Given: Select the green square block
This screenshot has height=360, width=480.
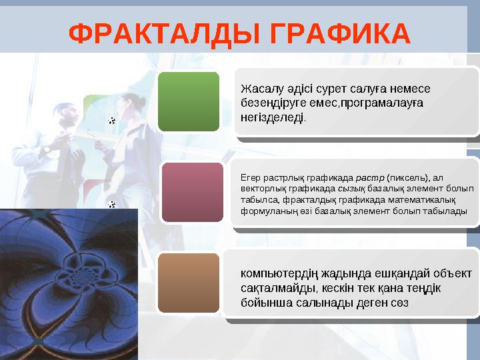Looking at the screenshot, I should [189, 101].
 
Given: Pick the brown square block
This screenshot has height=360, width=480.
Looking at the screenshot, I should [189, 283].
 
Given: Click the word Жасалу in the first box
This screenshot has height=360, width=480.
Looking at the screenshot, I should [260, 89].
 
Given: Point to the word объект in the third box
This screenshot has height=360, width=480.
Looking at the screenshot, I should [450, 273].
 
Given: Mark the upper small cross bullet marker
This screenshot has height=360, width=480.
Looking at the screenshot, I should [111, 121].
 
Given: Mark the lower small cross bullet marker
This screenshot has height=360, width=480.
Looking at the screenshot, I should [111, 203].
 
